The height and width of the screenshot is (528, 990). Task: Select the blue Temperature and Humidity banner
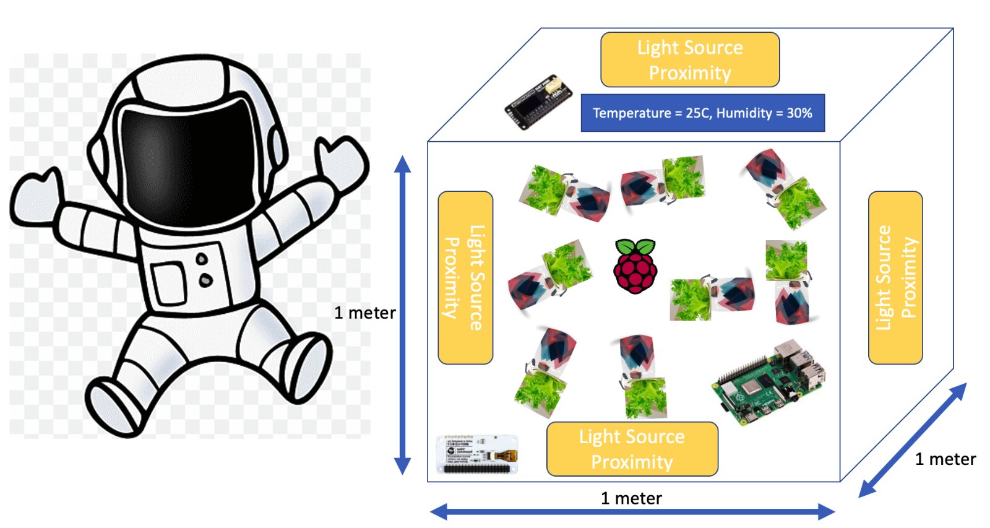[702, 113]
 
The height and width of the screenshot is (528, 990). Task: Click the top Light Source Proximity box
[690, 59]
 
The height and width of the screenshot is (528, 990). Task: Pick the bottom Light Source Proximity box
[632, 449]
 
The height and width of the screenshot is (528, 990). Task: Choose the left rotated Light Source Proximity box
[465, 277]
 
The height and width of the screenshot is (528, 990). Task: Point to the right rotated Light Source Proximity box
[895, 277]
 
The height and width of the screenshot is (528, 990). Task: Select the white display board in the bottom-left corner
[477, 454]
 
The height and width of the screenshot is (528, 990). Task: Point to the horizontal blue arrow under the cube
[632, 512]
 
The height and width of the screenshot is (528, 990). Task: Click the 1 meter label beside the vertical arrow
[364, 313]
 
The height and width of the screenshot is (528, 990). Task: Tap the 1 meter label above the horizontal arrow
[631, 498]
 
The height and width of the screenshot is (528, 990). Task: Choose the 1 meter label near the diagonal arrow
[945, 459]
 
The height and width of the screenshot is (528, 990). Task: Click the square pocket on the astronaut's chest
[169, 282]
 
